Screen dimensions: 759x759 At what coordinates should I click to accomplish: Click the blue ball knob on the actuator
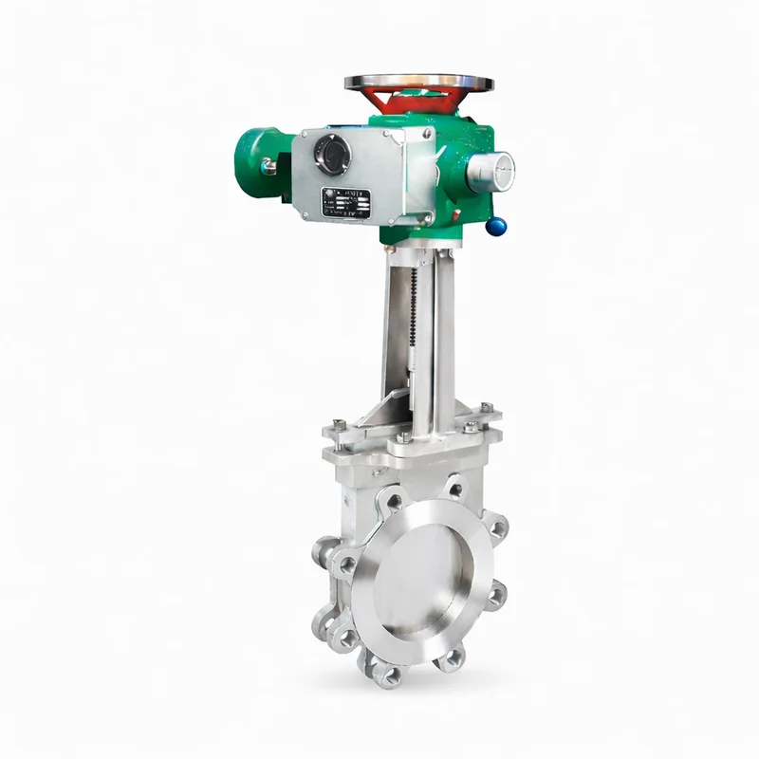click(x=496, y=225)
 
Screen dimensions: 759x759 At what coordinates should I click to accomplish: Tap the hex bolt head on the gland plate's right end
click(x=486, y=409)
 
